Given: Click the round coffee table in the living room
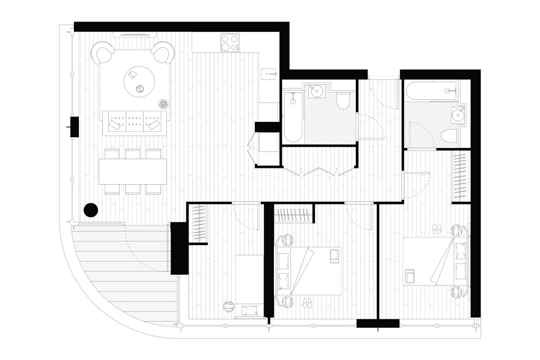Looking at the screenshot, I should coord(139,81).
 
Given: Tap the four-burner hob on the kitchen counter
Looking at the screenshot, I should coord(230,43).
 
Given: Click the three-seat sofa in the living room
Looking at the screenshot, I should coord(134,123).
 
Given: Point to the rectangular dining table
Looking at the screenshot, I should coord(133,171).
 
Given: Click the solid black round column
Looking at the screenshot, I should coord(91,210).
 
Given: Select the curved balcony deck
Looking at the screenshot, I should coord(122,275).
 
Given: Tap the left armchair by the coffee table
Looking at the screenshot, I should coord(103,53).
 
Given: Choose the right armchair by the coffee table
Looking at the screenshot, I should coord(163,53).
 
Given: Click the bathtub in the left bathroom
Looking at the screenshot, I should coord(293,117).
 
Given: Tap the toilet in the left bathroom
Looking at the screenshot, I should coord(343,100).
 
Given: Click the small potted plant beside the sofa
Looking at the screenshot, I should coord(163,104).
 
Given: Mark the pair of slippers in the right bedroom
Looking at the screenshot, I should coord(437,230).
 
